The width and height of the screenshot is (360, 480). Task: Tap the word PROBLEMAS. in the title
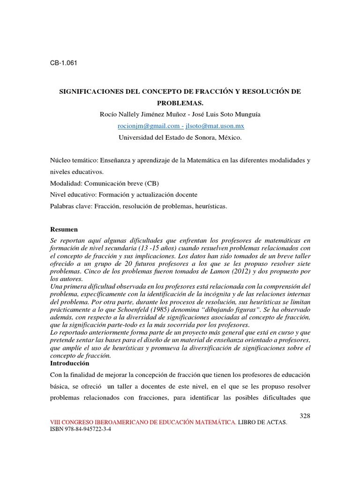click(x=180, y=102)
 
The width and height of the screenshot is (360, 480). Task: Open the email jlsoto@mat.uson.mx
click(x=215, y=126)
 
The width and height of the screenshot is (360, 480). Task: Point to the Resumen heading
click(x=64, y=229)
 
